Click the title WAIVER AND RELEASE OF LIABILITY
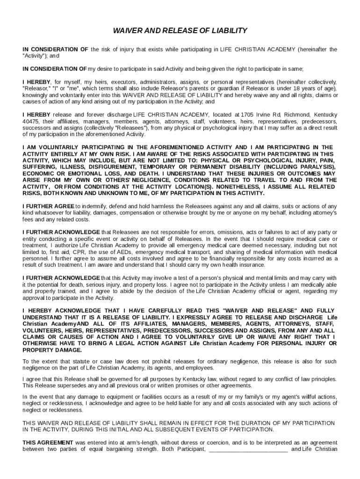[x=180, y=31]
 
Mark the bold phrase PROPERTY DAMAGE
[x=52, y=350]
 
